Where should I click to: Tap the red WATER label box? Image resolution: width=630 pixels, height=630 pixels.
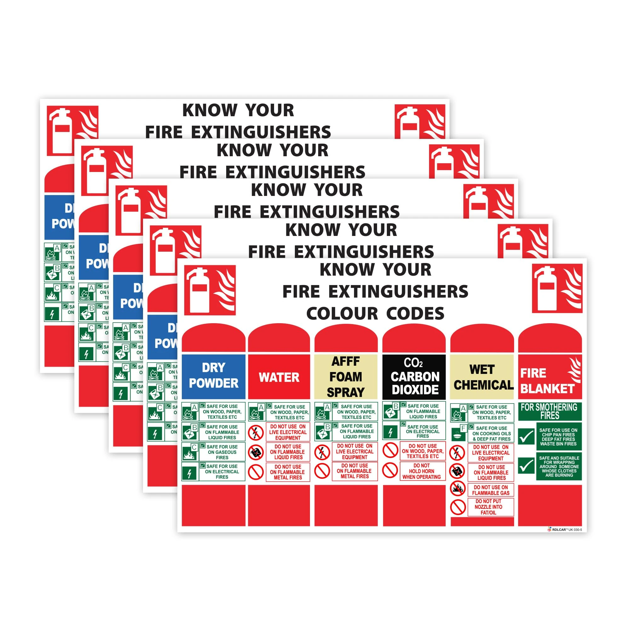point(279,377)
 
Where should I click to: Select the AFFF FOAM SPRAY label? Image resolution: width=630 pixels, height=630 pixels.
point(346,377)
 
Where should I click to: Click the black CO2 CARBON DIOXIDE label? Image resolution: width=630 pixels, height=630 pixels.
point(414,377)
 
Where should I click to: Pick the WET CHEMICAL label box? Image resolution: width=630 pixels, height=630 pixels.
point(482,377)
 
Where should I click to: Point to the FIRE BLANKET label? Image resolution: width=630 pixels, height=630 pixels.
point(550,377)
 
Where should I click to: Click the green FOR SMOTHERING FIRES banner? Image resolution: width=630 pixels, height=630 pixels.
point(550,411)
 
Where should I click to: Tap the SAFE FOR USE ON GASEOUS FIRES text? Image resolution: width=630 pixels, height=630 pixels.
point(222,452)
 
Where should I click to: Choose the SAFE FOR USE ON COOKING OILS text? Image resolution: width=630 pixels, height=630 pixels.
point(491,433)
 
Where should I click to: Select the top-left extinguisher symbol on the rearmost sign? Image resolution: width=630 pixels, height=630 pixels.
point(72,130)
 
